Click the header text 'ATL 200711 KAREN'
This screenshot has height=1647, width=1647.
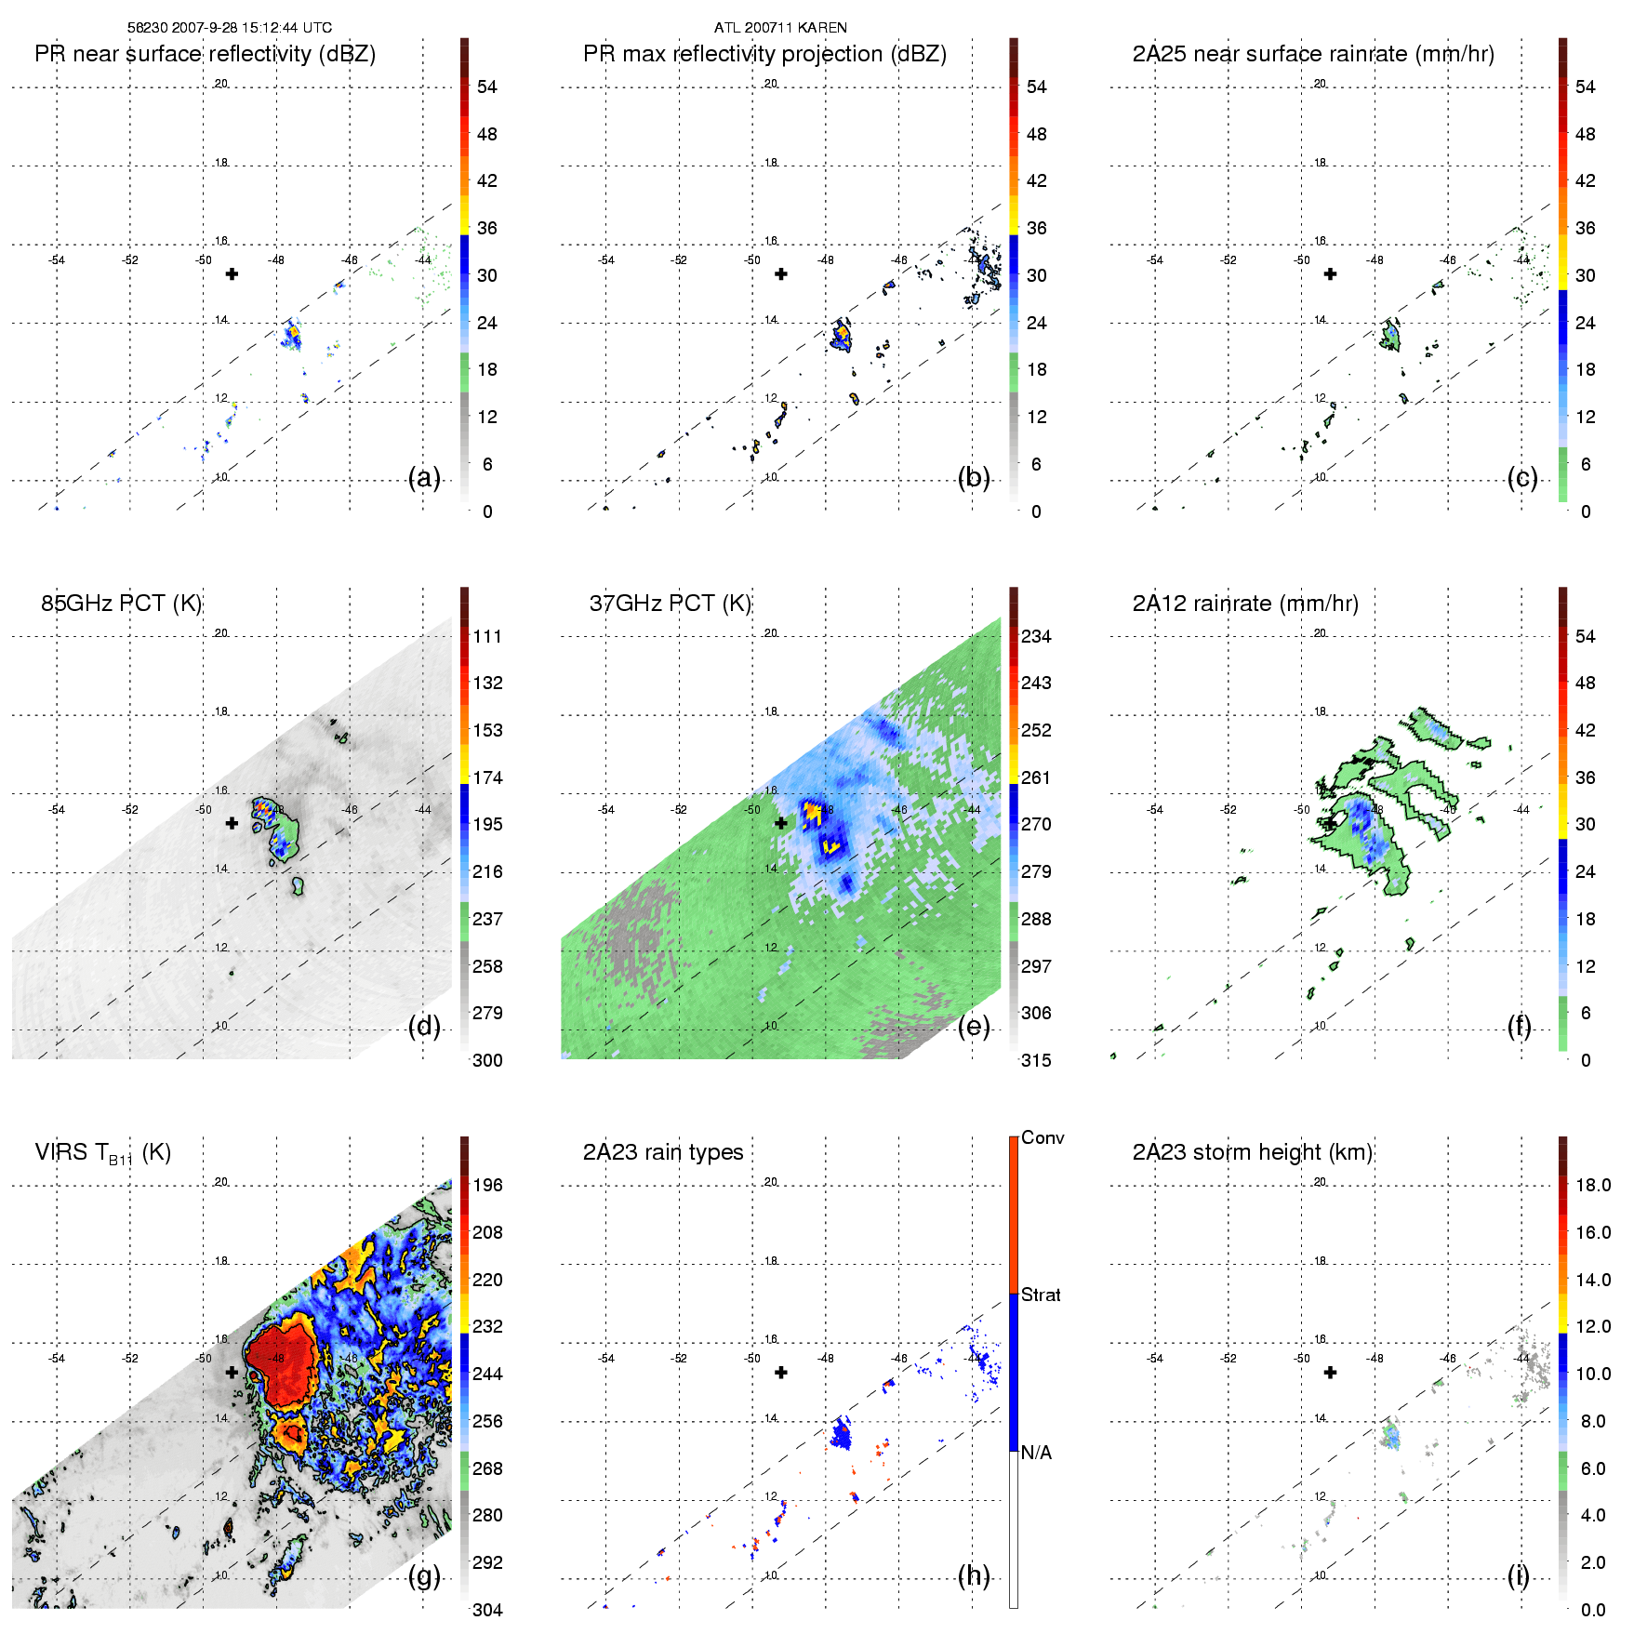tap(780, 28)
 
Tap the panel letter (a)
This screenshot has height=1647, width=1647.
tap(424, 478)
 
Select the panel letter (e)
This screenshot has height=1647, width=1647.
tap(974, 1027)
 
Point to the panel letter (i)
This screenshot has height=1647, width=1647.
tap(1518, 1576)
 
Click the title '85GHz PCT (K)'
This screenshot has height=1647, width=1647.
tap(122, 604)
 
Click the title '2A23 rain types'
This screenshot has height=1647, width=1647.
tap(663, 1152)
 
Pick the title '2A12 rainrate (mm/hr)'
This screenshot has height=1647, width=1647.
tap(1245, 604)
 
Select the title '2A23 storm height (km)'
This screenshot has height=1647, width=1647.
tap(1253, 1152)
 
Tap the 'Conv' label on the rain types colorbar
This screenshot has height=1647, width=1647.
tap(1043, 1137)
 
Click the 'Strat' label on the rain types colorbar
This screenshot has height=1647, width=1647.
tap(1041, 1295)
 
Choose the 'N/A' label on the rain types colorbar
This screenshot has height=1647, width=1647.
tap(1036, 1453)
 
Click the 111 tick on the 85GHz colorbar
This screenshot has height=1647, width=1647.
tap(487, 636)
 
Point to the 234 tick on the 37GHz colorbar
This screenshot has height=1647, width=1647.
tap(1036, 636)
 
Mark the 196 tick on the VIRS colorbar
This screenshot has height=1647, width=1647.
tap(487, 1185)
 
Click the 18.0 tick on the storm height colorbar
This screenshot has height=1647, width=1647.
tap(1592, 1185)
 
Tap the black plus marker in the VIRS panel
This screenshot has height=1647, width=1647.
tap(232, 1372)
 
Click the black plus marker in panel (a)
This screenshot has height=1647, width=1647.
tap(232, 273)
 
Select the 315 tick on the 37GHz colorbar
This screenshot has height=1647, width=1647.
tap(1036, 1060)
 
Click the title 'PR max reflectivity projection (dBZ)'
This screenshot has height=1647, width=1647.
tap(764, 54)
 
